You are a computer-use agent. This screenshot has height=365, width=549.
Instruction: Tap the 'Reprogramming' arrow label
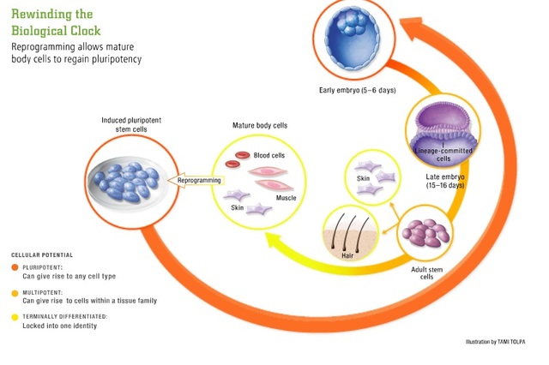(199, 181)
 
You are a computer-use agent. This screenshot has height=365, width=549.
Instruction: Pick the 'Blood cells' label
(270, 155)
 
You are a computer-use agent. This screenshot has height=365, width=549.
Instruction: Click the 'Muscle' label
(286, 198)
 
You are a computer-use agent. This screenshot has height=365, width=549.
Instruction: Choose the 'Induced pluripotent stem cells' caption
(122, 124)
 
